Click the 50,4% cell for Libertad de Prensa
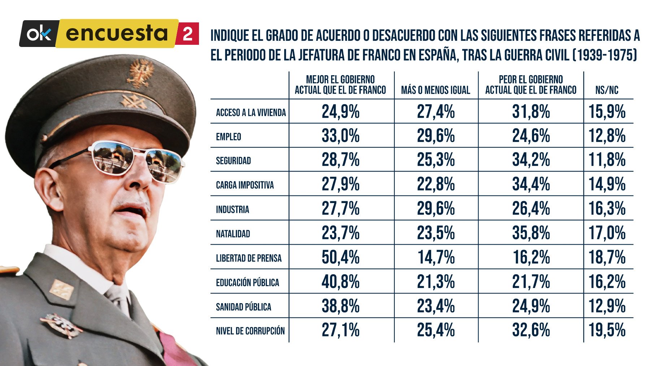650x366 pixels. tap(340, 257)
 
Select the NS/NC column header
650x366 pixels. tap(607, 90)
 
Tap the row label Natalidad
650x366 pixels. tap(233, 234)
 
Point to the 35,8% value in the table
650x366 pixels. tap(530, 233)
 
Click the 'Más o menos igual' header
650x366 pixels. tap(435, 90)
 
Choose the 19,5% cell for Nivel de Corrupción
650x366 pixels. tap(607, 330)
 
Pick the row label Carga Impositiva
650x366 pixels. tap(245, 185)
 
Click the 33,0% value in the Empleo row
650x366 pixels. tap(340, 136)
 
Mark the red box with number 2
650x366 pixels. tap(187, 34)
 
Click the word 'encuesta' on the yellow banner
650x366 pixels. tap(117, 34)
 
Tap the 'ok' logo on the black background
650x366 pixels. tap(39, 34)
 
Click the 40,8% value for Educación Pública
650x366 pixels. tap(340, 282)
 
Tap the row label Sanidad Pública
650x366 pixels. tap(243, 307)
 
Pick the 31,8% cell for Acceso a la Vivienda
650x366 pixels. tap(530, 112)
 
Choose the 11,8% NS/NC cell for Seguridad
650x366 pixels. tap(607, 160)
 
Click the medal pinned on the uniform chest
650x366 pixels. tap(61, 324)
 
